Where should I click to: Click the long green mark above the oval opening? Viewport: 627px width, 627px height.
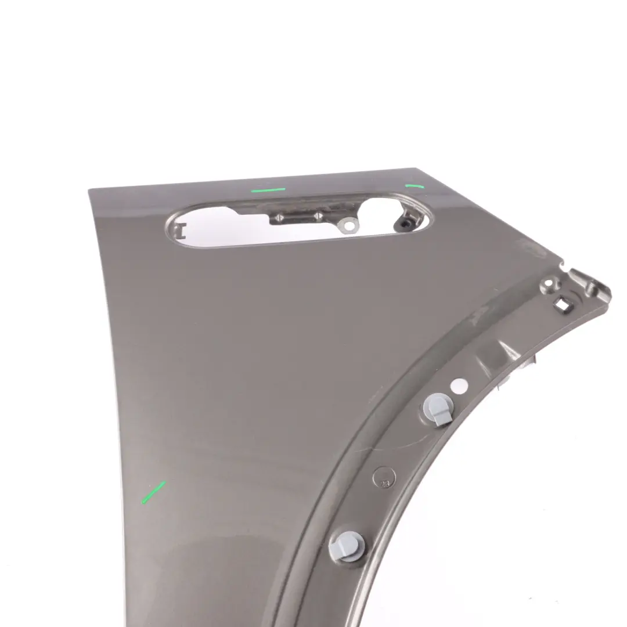point(268,189)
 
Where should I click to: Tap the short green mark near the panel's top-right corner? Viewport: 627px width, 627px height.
point(414,186)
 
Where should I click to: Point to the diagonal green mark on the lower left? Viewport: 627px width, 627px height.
point(153,492)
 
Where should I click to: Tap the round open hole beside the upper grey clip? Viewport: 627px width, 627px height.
point(458,385)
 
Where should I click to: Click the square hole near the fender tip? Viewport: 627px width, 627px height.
point(561,303)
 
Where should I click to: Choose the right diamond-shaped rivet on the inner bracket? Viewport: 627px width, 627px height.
point(318,216)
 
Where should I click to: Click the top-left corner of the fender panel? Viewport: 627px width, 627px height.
point(89,189)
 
